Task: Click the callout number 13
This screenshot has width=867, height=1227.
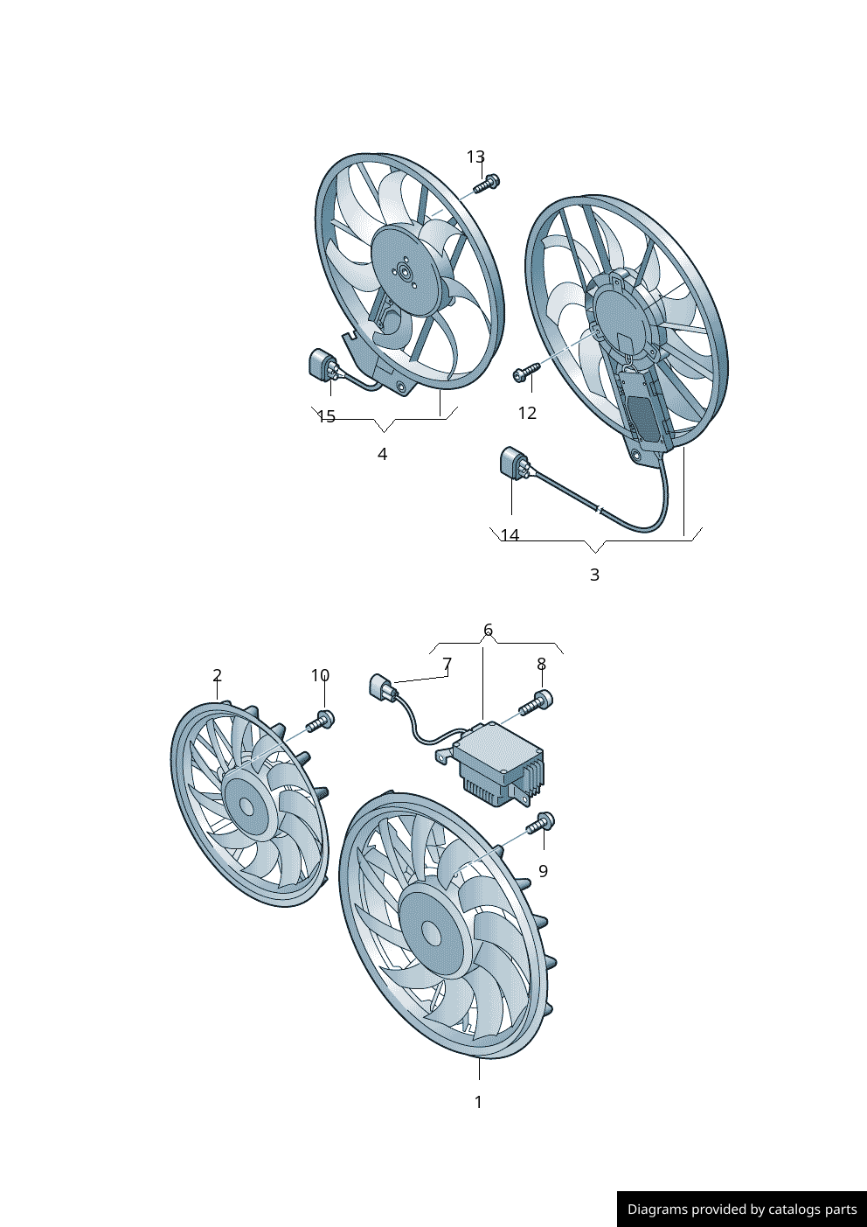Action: coord(475,157)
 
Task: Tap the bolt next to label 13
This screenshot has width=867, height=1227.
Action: coord(487,184)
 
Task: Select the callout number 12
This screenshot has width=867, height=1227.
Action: coord(527,413)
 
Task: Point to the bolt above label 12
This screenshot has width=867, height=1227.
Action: coord(525,373)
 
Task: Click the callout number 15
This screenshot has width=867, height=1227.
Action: coord(326,416)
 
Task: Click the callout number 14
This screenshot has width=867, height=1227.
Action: coord(510,535)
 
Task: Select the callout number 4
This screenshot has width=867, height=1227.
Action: coord(382,454)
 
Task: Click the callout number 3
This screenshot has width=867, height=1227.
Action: coord(594,575)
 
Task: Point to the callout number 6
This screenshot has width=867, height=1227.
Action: coord(488,630)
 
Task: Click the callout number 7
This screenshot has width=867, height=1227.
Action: coord(447,664)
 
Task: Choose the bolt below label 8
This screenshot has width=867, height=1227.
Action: coord(537,701)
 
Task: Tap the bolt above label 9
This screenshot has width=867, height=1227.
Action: coord(541,823)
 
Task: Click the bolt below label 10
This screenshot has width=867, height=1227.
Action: coord(322,722)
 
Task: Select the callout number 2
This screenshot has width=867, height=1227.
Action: coord(217,675)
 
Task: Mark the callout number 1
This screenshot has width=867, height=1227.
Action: coord(478,1102)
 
